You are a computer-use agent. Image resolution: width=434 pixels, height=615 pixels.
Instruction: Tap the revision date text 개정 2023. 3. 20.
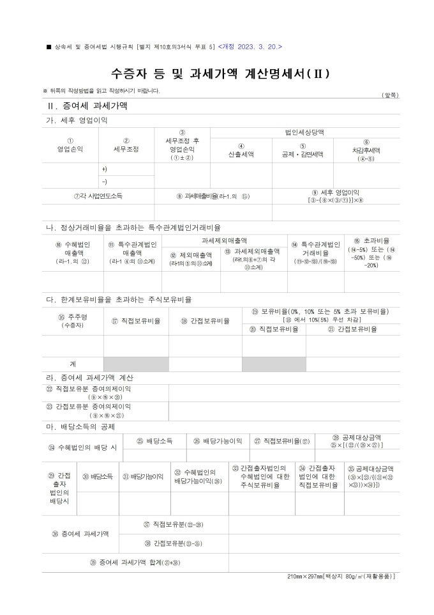coord(250,47)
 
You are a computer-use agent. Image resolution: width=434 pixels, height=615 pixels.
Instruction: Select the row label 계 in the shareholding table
coord(73,364)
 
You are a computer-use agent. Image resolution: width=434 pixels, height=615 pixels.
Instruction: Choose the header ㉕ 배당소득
coord(154,441)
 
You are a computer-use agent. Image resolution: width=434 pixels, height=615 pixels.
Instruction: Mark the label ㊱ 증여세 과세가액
coord(80,533)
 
